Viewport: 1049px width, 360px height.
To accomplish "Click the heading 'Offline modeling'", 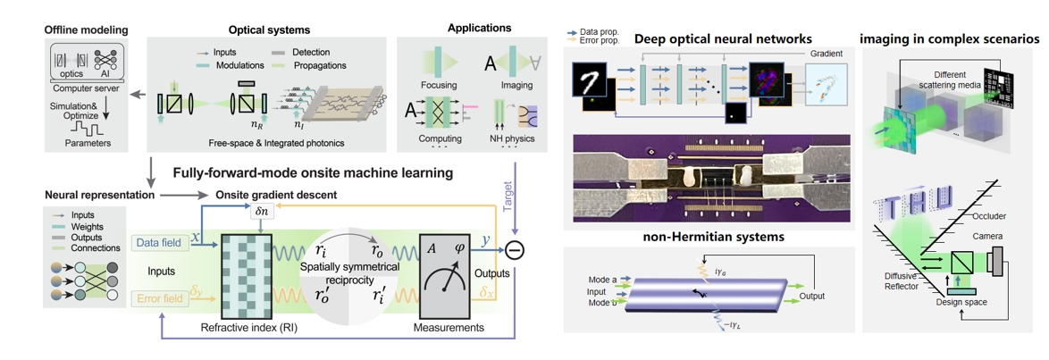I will click(x=87, y=30).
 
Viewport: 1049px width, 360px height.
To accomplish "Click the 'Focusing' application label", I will click(x=439, y=86).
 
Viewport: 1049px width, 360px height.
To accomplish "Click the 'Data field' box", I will click(x=159, y=242).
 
